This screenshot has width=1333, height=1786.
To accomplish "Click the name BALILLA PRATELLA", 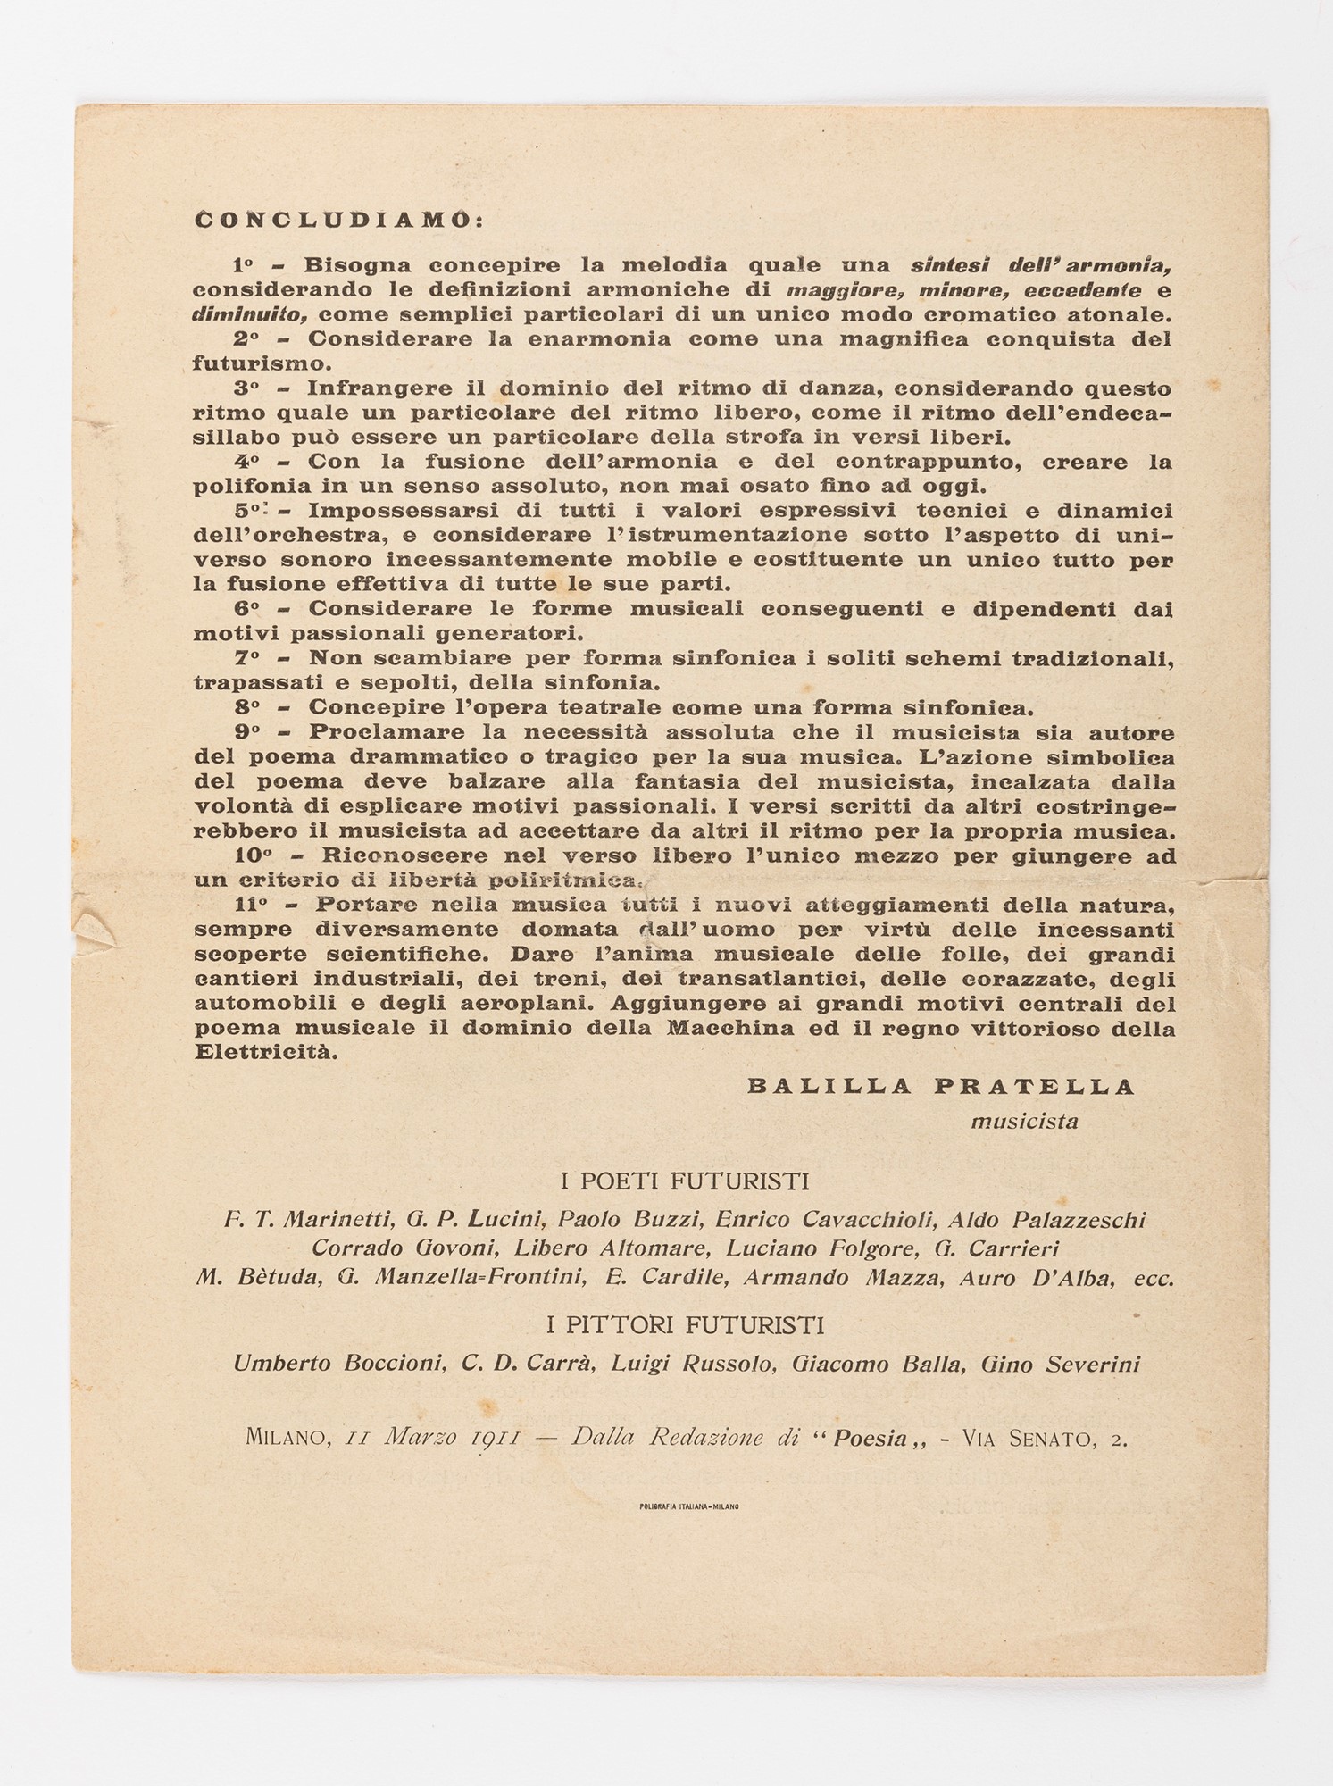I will pos(941,1086).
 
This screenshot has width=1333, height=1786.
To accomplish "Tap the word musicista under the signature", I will pos(1024,1121).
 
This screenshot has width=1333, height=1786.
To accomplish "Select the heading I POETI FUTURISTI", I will pos(684,1181).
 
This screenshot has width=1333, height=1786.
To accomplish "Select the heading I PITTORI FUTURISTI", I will pos(684,1323).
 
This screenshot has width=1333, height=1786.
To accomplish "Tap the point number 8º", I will pos(246,707).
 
